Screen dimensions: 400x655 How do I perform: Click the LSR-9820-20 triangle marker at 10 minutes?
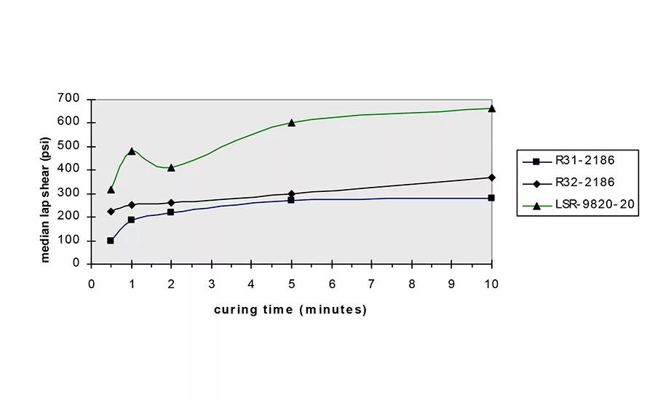coord(492,108)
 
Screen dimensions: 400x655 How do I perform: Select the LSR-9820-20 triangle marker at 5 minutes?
coord(291,122)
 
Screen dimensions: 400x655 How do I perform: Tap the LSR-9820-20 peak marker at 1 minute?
coord(132,151)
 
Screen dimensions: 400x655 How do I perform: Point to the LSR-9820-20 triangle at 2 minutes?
coord(171,167)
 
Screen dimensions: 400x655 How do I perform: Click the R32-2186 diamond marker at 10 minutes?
coord(492,177)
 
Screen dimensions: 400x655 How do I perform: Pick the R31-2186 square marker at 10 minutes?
coord(492,198)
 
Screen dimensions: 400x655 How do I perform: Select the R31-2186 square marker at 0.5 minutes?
coord(111,241)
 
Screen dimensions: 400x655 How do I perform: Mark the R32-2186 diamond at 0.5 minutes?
coord(111,211)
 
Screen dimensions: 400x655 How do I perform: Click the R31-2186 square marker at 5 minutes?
coord(291,199)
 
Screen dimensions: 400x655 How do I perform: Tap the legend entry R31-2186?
coord(575,161)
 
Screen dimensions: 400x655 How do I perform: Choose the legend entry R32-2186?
coord(575,183)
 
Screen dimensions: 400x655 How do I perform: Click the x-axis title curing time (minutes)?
coord(290,310)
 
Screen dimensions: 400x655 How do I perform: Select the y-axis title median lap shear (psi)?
coord(45,181)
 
